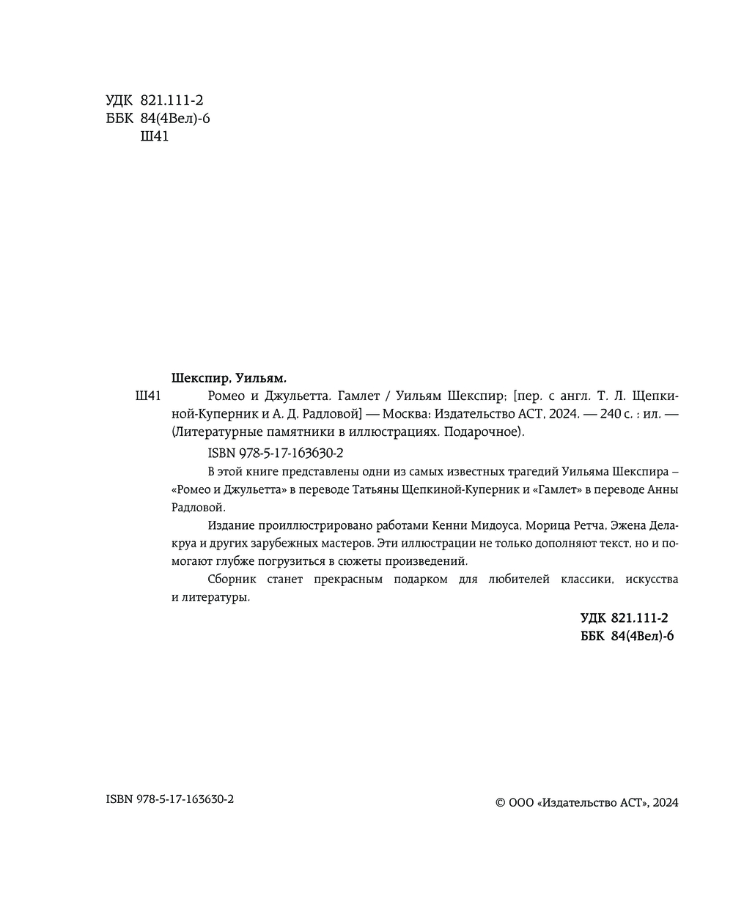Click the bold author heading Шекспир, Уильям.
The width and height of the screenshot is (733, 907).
pyautogui.click(x=228, y=378)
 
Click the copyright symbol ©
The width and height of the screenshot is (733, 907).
pyautogui.click(x=501, y=803)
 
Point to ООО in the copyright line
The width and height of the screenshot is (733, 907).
pyautogui.click(x=521, y=803)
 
